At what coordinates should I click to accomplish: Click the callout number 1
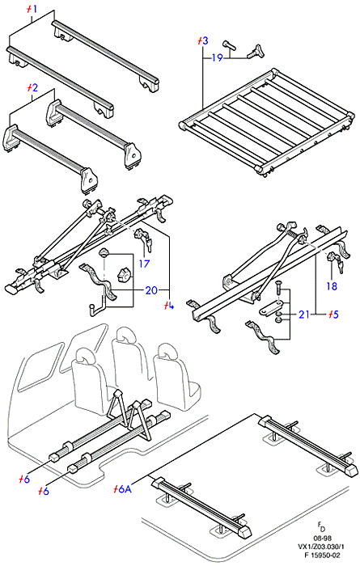click(34, 9)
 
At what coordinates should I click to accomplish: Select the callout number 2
click(34, 87)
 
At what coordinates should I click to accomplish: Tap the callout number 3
click(205, 40)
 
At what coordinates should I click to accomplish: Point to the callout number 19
click(217, 57)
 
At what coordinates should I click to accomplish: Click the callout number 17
click(144, 264)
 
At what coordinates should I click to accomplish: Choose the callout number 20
click(151, 289)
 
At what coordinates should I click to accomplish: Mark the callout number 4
click(171, 306)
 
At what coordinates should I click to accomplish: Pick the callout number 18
click(332, 286)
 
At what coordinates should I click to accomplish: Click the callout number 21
click(303, 315)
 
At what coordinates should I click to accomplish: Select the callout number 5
click(336, 315)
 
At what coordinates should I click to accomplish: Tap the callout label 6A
click(125, 489)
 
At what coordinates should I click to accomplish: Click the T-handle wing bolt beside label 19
click(256, 51)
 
